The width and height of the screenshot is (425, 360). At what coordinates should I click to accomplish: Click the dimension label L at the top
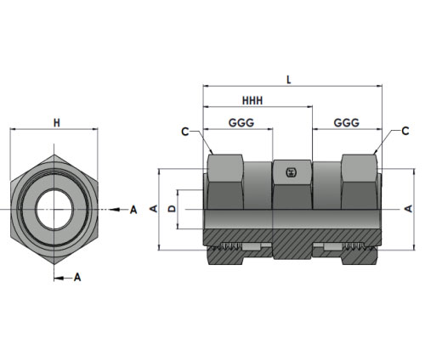pyautogui.click(x=289, y=80)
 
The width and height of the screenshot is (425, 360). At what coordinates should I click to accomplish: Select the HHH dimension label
pyautogui.click(x=252, y=101)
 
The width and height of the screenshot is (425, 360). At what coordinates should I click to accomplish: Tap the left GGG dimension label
pyautogui.click(x=241, y=123)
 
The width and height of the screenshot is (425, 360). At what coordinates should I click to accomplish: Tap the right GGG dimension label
pyautogui.click(x=347, y=123)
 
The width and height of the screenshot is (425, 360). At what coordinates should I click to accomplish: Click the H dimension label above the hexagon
pyautogui.click(x=57, y=123)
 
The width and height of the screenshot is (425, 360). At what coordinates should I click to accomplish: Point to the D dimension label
pyautogui.click(x=172, y=209)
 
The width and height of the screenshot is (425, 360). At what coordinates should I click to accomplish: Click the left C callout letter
pyautogui.click(x=185, y=132)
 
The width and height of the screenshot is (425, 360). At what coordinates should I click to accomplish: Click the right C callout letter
pyautogui.click(x=405, y=131)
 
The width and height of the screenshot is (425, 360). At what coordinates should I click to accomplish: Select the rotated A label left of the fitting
pyautogui.click(x=154, y=209)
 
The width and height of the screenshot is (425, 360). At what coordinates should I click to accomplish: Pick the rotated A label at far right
pyautogui.click(x=408, y=209)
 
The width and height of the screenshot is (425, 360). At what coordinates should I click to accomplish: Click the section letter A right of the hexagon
pyautogui.click(x=133, y=210)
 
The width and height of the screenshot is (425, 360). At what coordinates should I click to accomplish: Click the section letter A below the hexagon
pyautogui.click(x=77, y=278)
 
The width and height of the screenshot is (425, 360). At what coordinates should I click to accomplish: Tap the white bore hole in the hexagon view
pyautogui.click(x=54, y=209)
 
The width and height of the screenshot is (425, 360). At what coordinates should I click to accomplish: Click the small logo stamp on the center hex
pyautogui.click(x=291, y=172)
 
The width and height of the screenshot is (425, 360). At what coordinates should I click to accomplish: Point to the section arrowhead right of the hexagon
pyautogui.click(x=114, y=210)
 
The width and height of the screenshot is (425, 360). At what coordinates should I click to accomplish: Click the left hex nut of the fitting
pyautogui.click(x=225, y=182)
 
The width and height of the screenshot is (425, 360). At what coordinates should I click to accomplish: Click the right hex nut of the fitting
pyautogui.click(x=360, y=182)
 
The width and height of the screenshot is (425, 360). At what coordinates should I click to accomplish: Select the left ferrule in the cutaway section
pyautogui.click(x=251, y=247)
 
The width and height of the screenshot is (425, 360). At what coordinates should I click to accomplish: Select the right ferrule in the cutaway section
pyautogui.click(x=332, y=247)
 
